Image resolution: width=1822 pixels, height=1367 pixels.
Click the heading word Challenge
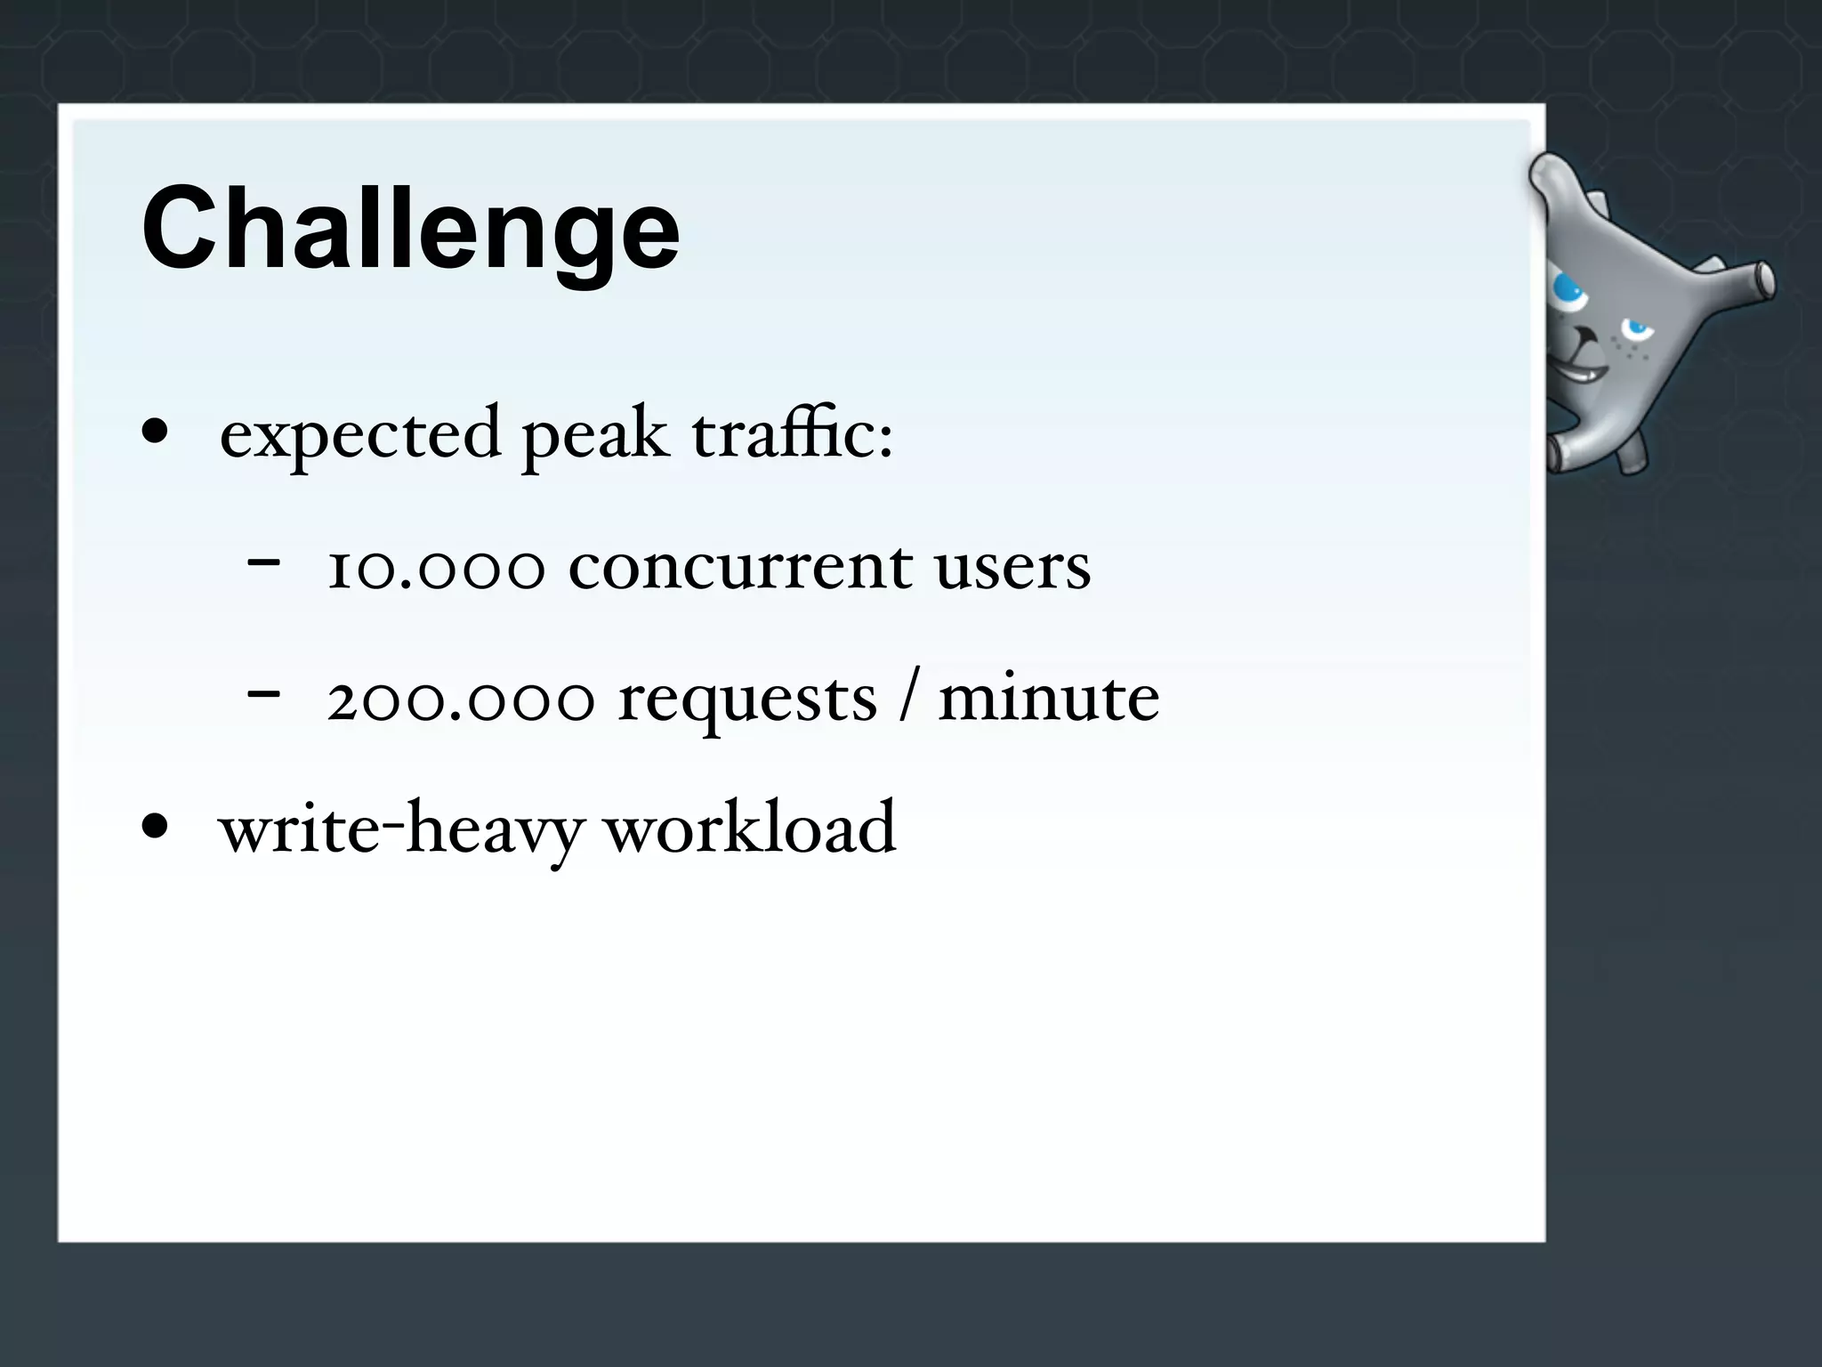tap(410, 229)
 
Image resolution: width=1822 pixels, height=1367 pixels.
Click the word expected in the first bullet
tap(360, 435)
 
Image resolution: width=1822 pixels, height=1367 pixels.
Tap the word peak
tap(594, 435)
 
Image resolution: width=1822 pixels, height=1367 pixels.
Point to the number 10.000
tap(435, 567)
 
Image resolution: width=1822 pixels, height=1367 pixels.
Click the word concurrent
tap(740, 567)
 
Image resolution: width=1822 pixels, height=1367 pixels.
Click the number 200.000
tap(460, 699)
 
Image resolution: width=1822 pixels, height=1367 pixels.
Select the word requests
tap(747, 700)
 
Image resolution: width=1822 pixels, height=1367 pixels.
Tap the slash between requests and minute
tap(907, 699)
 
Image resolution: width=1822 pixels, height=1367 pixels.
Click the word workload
tap(750, 828)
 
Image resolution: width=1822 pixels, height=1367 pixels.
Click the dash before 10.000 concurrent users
tap(264, 562)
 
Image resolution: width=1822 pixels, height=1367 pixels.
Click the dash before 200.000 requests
tap(264, 693)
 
